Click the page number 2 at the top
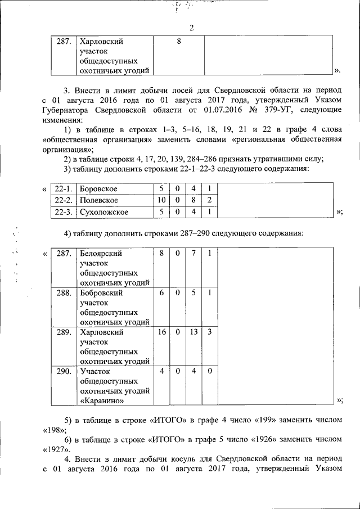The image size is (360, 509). [191, 29]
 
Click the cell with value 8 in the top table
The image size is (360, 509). [178, 41]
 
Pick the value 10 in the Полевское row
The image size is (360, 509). [161, 200]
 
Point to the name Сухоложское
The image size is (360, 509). [104, 212]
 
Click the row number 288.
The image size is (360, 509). [64, 293]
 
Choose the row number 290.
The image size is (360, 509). [64, 371]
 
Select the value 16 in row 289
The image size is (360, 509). [161, 332]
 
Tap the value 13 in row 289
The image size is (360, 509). [193, 332]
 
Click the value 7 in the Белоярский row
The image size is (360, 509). [193, 254]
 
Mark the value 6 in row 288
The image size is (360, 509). [161, 293]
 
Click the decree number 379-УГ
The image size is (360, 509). [279, 111]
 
